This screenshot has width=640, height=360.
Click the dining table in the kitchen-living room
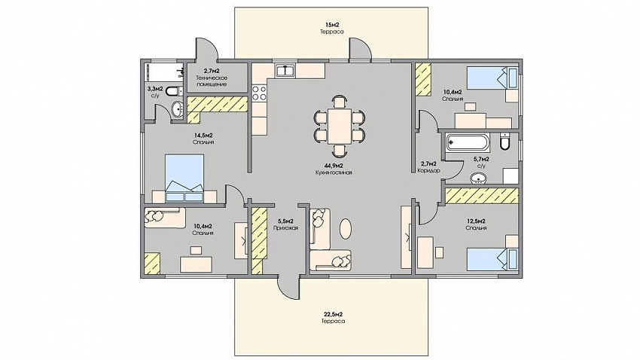(339, 126)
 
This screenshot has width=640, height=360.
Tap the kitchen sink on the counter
(285, 70)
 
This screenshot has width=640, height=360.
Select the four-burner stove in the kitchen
(259, 93)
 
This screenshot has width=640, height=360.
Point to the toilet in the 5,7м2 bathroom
(504, 142)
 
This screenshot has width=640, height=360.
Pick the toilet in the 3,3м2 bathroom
(174, 90)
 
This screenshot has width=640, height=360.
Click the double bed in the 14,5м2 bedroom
(184, 178)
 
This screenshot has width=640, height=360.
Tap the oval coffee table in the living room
(346, 228)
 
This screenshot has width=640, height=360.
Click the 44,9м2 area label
(334, 166)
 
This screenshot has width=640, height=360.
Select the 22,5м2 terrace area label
(333, 314)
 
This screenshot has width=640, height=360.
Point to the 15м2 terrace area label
(332, 25)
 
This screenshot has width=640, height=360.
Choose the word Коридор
(428, 171)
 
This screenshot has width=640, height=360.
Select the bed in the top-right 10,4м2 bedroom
(492, 78)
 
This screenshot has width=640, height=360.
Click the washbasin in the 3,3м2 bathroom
(178, 109)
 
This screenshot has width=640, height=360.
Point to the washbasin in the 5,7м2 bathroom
(478, 178)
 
